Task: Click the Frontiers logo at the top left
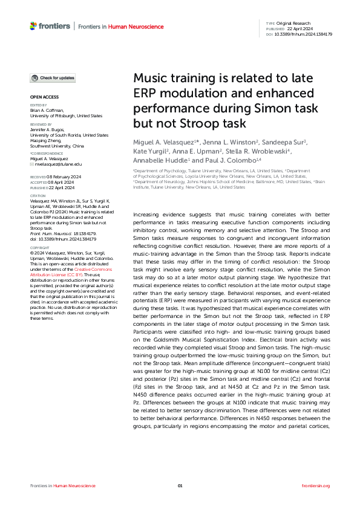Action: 50,27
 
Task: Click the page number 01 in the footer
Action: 180,486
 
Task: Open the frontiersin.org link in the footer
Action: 315,486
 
